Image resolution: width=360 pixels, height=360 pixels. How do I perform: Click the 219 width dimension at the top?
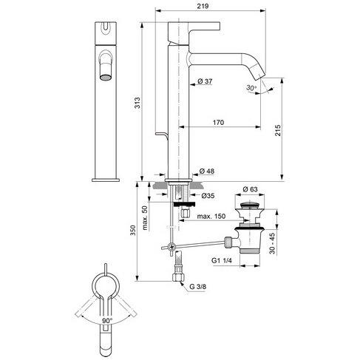203,6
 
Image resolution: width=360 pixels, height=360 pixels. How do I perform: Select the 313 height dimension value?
137,103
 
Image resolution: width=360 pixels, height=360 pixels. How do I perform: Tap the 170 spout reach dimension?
218,123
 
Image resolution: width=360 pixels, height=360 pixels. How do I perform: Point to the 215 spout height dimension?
278,130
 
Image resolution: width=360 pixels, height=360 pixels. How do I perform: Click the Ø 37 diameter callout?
205,81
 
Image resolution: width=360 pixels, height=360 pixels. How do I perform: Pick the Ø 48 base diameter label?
207,171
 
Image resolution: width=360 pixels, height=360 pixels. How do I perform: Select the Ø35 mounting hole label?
208,196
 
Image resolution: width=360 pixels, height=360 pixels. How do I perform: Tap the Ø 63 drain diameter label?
250,189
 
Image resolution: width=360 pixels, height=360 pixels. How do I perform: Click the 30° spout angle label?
251,87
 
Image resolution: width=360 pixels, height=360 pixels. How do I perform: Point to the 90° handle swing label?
107,321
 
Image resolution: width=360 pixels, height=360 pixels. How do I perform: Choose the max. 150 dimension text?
211,216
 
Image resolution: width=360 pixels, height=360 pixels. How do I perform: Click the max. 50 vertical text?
145,218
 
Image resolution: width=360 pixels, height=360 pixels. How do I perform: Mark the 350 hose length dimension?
133,230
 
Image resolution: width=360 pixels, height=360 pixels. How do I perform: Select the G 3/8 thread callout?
198,287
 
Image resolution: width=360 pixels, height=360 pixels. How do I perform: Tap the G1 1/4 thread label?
222,260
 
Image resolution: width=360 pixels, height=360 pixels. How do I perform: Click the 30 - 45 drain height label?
272,243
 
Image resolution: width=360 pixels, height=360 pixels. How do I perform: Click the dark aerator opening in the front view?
106,78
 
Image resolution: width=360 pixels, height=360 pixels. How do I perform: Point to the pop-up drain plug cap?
250,205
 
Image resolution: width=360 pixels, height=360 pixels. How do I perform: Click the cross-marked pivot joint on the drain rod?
171,246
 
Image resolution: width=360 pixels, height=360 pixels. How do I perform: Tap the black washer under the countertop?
184,204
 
